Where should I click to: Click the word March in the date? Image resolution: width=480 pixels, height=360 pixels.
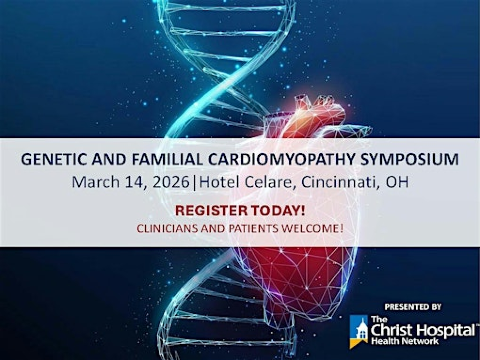coord(96,182)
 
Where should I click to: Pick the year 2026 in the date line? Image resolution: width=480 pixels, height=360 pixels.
coord(176,182)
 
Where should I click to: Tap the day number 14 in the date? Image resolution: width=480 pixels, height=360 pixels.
coord(138,182)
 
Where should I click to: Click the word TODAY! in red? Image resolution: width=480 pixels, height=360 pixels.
coord(275,211)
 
